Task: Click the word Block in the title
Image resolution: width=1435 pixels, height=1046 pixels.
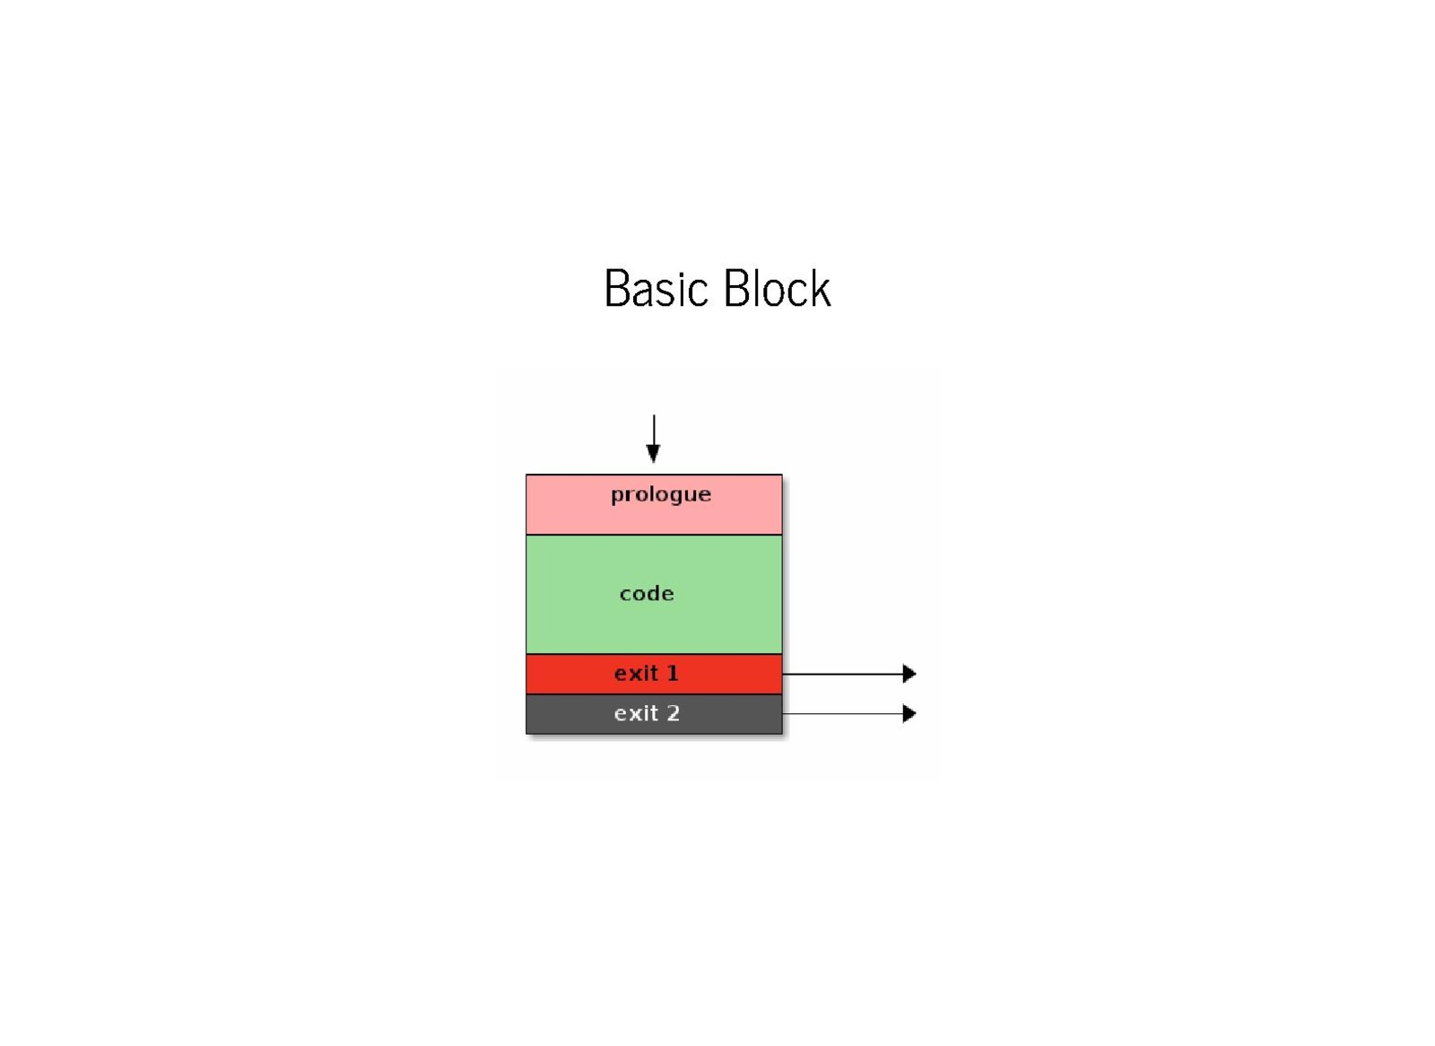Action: coord(777,289)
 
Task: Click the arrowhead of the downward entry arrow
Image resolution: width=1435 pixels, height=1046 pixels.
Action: coord(654,454)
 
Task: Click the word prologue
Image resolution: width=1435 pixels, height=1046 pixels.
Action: coord(660,494)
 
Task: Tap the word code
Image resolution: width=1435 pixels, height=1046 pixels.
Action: coord(646,593)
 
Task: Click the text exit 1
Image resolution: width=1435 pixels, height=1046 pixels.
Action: coord(646,673)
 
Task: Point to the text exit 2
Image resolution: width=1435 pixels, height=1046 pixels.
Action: coord(646,713)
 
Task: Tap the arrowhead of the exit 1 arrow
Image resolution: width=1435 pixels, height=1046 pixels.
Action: coord(909,674)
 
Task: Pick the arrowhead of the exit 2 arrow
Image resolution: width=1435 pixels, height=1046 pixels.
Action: coord(909,714)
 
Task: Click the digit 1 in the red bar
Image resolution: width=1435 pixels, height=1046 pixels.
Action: coord(673,673)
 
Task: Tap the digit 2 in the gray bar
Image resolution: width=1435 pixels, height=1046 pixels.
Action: coord(673,713)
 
